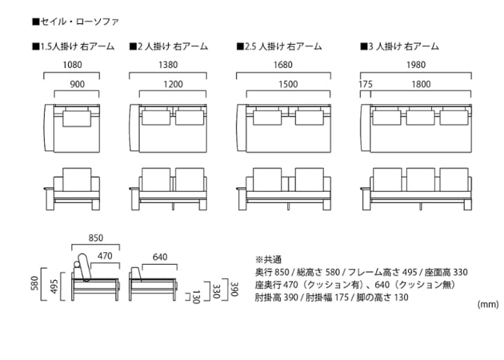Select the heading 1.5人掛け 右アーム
pyautogui.click(x=73, y=47)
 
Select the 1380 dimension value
pyautogui.click(x=168, y=65)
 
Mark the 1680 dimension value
pyautogui.click(x=283, y=65)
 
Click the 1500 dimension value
pyautogui.click(x=288, y=84)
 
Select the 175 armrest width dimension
pyautogui.click(x=365, y=84)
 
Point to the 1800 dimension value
pyautogui.click(x=421, y=84)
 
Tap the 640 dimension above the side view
pyautogui.click(x=160, y=257)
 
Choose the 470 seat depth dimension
pyautogui.click(x=105, y=257)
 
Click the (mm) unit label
pyautogui.click(x=488, y=304)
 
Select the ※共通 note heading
pyautogui.click(x=268, y=258)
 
